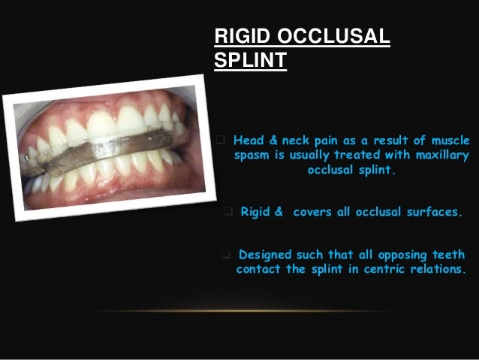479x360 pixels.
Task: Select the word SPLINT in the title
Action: [251, 60]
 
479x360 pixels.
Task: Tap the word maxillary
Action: [437, 156]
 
